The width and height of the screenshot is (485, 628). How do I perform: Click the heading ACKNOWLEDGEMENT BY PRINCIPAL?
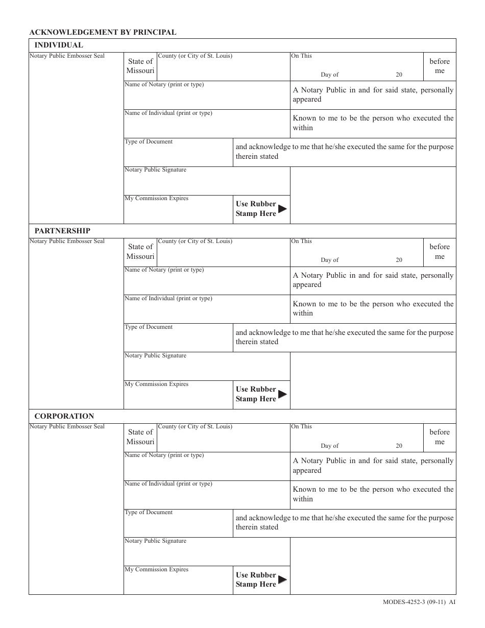click(103, 32)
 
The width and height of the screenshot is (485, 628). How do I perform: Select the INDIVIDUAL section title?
click(59, 45)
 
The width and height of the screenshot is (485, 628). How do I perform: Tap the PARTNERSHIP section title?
click(62, 231)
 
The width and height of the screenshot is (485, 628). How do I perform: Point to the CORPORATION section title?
click(64, 416)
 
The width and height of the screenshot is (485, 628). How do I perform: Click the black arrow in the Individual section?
click(282, 208)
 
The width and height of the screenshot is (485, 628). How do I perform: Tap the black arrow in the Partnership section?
click(282, 394)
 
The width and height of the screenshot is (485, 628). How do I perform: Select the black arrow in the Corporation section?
click(282, 579)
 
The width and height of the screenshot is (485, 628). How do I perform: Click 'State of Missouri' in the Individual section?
click(140, 66)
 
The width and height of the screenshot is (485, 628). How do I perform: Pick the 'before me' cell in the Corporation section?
click(440, 437)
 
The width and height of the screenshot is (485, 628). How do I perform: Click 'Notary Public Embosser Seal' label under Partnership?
click(67, 241)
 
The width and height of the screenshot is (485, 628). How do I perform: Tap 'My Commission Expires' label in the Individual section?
click(156, 198)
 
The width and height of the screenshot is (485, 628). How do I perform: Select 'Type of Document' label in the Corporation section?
click(149, 512)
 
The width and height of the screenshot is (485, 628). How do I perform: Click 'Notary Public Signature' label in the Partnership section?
click(155, 355)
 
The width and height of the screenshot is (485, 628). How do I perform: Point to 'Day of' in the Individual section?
click(329, 75)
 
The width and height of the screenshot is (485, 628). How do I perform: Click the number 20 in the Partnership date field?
click(399, 260)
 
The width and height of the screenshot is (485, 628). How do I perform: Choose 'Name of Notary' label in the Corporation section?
click(164, 455)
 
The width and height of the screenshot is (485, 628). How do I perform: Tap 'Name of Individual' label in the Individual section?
click(168, 113)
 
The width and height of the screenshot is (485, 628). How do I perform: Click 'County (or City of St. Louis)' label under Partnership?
click(195, 241)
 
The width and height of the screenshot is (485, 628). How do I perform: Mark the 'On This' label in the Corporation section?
click(301, 426)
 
